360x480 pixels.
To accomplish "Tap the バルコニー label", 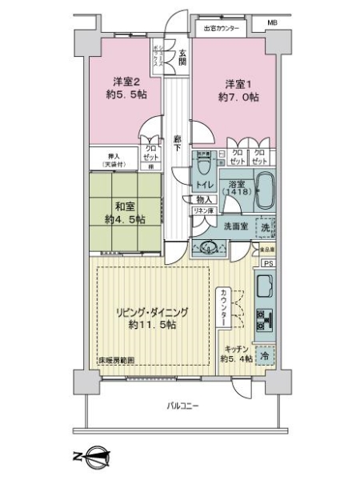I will (182, 406).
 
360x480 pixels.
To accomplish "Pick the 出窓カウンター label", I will (220, 30).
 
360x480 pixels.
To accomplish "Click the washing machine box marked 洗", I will (266, 227).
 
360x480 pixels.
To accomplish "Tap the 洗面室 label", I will (236, 225).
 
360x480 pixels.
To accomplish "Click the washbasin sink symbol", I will (210, 246).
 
